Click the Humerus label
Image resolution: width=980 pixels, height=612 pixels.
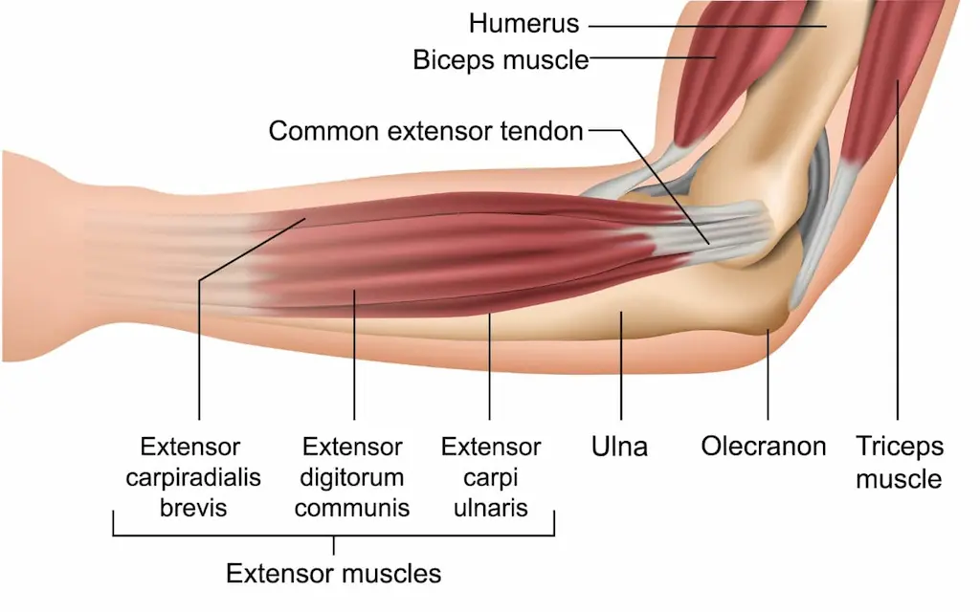pos(523,24)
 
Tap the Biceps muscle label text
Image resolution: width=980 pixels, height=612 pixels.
pos(500,60)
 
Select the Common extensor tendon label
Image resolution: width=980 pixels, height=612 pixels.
pos(426,131)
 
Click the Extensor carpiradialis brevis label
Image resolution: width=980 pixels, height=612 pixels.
pos(193,476)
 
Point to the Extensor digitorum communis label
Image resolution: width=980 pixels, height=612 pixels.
pos(352,476)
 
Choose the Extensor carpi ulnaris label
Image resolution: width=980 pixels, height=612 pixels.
pos(491,476)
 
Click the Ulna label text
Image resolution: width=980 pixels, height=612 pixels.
pos(620,447)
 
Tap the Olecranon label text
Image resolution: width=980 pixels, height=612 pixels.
pos(763,447)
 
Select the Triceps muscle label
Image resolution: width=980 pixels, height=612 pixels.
pos(899,462)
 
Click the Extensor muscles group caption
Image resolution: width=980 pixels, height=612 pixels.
pos(333,574)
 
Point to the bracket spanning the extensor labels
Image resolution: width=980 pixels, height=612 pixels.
pos(333,535)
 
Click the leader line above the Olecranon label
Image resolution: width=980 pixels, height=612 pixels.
pos(768,382)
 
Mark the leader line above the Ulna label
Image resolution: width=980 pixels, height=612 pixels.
pos(621,373)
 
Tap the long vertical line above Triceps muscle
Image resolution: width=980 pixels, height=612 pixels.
pos(898,287)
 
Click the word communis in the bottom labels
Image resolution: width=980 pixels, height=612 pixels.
pos(352,507)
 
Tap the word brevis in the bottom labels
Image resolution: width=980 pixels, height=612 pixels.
pos(193,507)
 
